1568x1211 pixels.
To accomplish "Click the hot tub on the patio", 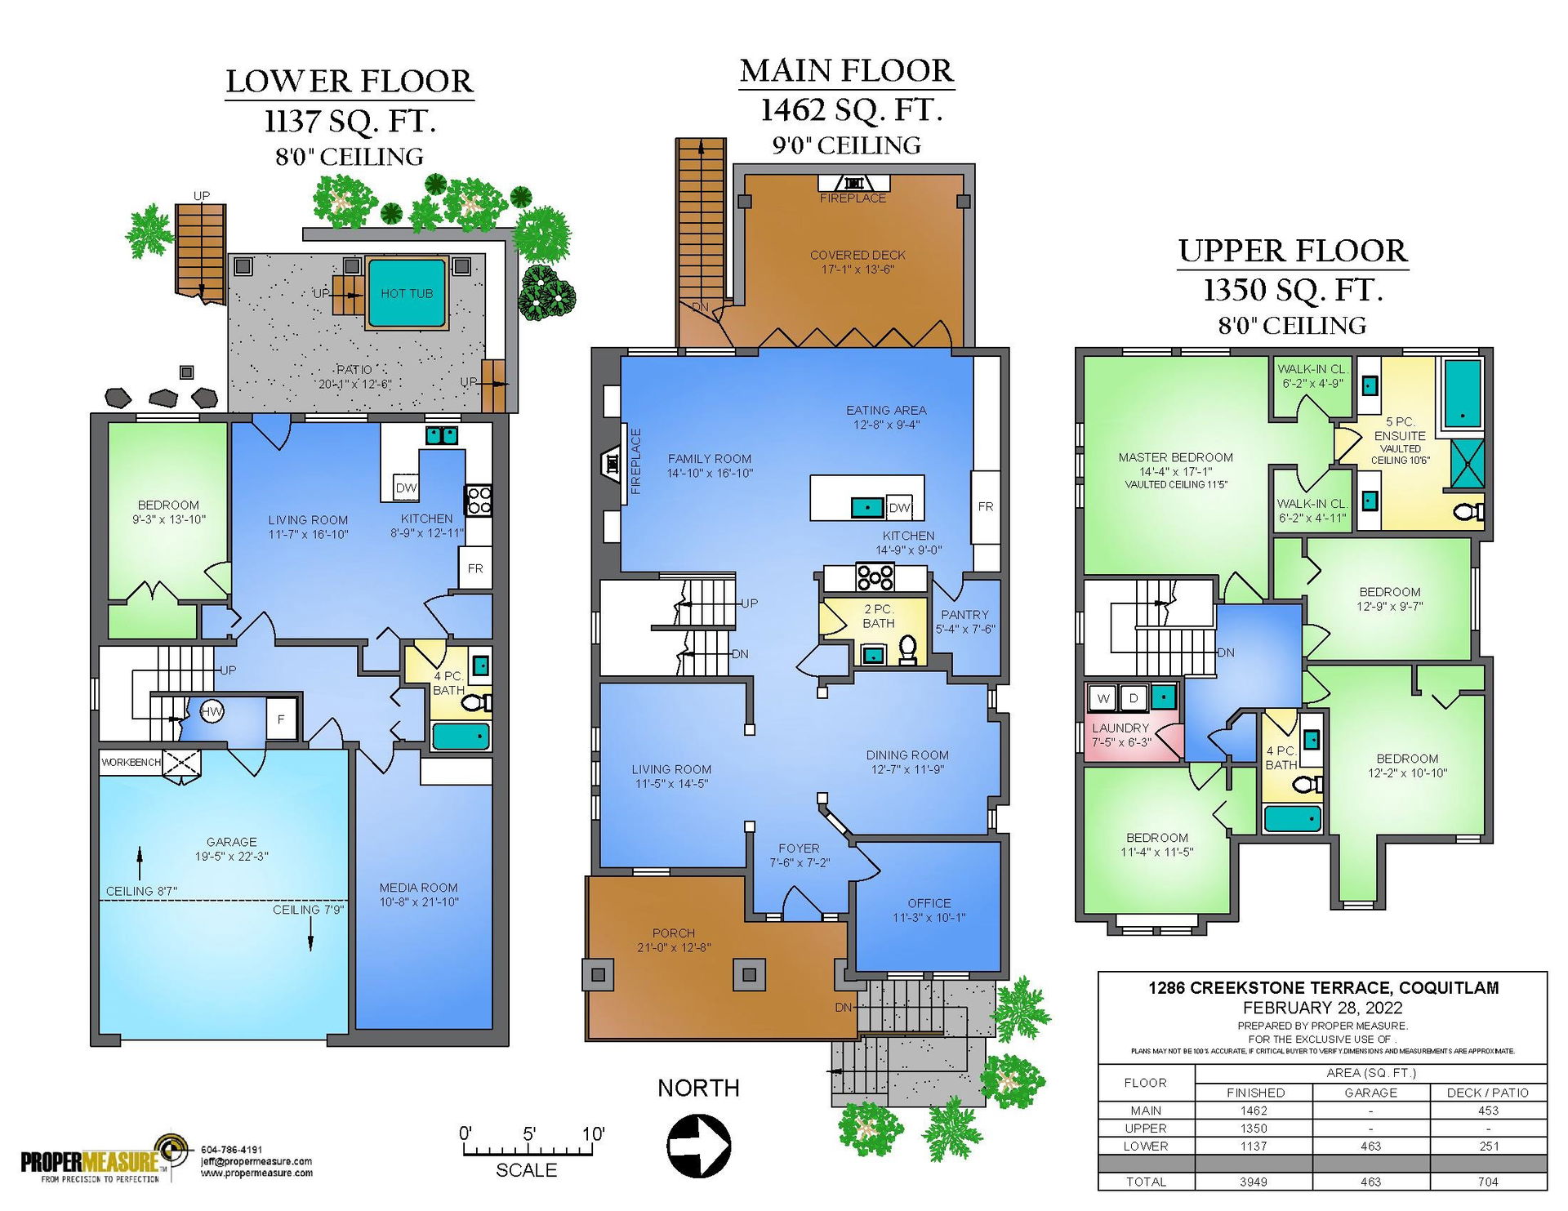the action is pyautogui.click(x=407, y=292).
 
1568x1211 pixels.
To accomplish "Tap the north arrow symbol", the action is pyautogui.click(x=698, y=1145).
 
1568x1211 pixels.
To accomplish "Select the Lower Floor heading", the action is pyautogui.click(x=350, y=82).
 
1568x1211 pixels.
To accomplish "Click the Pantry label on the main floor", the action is pyautogui.click(x=964, y=615).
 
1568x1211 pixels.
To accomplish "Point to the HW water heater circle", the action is pyautogui.click(x=212, y=711).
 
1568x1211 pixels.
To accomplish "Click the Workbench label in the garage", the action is pyautogui.click(x=131, y=763).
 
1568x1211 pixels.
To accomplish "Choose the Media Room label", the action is pyautogui.click(x=418, y=888).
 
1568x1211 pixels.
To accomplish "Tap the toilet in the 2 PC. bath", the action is pyautogui.click(x=906, y=650).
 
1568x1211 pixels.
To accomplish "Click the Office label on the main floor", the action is pyautogui.click(x=929, y=903).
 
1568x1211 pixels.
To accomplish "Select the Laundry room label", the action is pyautogui.click(x=1120, y=728).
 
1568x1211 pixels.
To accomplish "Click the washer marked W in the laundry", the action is pyautogui.click(x=1103, y=698).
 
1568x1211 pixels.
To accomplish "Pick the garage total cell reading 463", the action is pyautogui.click(x=1370, y=1182).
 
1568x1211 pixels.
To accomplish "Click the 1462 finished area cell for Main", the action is pyautogui.click(x=1254, y=1111).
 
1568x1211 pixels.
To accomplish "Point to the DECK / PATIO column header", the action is pyautogui.click(x=1488, y=1093).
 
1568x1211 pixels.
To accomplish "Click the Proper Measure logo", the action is pyautogui.click(x=102, y=1160).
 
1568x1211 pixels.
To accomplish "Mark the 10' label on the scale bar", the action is pyautogui.click(x=593, y=1133).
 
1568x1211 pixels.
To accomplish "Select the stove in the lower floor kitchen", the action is pyautogui.click(x=479, y=500).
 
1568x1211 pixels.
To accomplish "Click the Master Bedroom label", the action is pyautogui.click(x=1176, y=457).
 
